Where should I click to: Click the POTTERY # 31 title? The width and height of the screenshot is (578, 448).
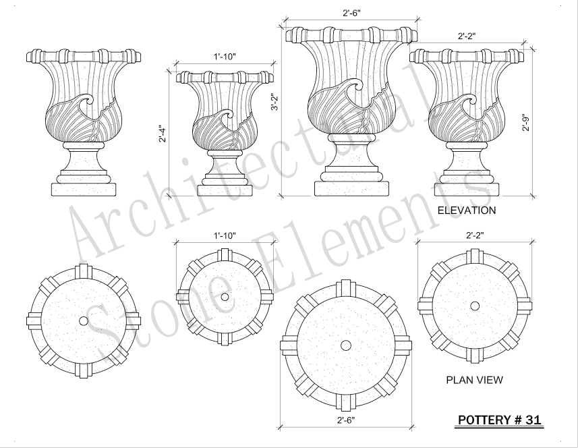500,420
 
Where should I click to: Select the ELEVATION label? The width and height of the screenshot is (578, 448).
467,211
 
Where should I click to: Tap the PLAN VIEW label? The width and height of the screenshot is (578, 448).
474,380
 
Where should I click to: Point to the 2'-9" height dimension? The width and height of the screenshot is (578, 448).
525,121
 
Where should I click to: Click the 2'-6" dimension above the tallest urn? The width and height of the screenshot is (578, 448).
349,12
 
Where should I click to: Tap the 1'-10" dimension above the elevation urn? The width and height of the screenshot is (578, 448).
225,57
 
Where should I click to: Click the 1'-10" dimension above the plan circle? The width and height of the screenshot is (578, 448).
225,235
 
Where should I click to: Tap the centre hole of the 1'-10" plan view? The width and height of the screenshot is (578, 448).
225,296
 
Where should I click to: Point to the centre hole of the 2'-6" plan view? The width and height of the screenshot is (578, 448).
345,345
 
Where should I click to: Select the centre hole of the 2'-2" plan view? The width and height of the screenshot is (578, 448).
475,306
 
